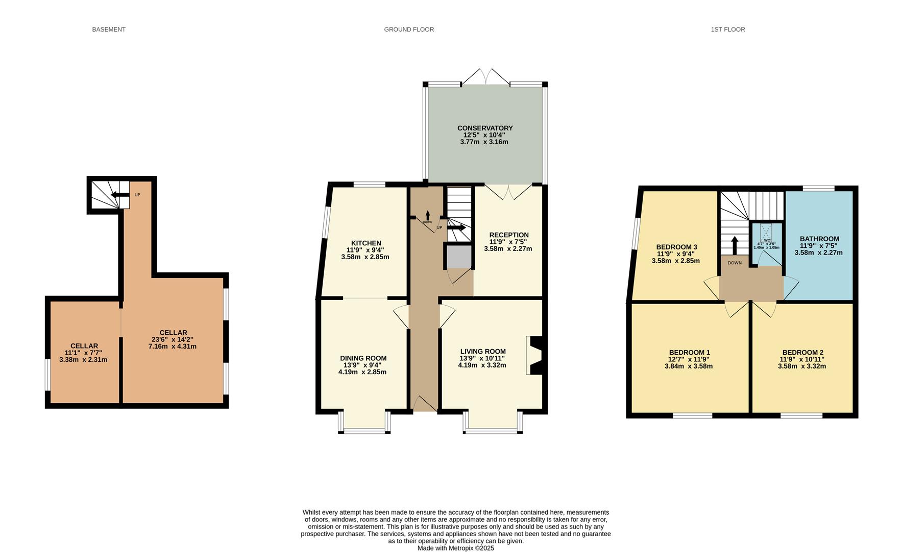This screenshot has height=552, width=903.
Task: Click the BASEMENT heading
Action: coord(108,30)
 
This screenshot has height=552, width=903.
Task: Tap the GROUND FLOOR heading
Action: coord(409,30)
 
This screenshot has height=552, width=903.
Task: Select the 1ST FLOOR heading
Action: coord(727,30)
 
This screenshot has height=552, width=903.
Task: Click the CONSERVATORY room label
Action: coord(484,128)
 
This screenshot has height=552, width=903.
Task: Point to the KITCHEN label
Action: coord(365,243)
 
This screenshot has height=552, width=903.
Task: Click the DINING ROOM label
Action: coord(363,358)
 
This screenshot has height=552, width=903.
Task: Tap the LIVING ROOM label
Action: coord(482,352)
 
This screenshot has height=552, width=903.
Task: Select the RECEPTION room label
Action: coord(508,235)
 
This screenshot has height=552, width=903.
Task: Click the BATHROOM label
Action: coord(819,239)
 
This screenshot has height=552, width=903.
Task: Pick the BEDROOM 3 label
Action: coord(676,247)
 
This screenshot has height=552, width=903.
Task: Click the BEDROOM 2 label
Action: coord(802,353)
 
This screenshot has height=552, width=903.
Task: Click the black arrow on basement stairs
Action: coord(120,194)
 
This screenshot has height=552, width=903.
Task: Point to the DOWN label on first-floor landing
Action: coord(734,263)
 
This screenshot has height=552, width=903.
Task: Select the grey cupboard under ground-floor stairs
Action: coord(459,257)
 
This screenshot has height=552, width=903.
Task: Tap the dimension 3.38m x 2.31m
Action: coord(83,360)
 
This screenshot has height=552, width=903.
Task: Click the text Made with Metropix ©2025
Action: coord(455,548)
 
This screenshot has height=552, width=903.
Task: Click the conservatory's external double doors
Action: coord(486,77)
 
